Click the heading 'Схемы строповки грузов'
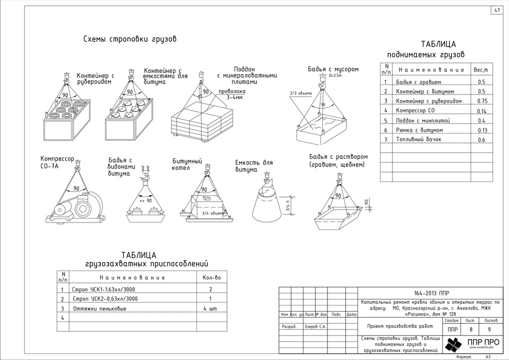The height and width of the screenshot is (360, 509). (x=129, y=39)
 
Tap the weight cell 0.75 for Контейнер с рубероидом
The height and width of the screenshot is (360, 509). (x=481, y=101)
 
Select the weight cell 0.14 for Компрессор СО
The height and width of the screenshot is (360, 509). (x=481, y=111)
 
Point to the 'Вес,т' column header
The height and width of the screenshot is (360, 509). (x=481, y=70)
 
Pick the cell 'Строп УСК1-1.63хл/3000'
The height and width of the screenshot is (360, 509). (x=104, y=289)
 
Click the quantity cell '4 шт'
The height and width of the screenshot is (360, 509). (x=210, y=308)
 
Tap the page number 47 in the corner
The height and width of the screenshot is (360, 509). (x=497, y=10)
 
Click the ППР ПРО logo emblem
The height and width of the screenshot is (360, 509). (x=454, y=344)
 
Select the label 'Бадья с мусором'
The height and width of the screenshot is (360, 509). (x=333, y=69)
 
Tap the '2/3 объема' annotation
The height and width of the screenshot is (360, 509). (x=300, y=93)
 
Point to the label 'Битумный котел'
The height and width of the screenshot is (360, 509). (x=187, y=164)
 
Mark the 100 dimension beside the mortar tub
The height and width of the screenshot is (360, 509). (x=366, y=202)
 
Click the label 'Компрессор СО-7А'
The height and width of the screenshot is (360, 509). (x=57, y=162)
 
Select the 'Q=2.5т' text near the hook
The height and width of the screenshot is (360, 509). (x=335, y=75)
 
